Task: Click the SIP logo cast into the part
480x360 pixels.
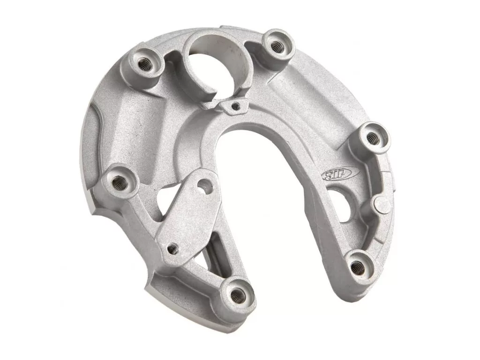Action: point(340,173)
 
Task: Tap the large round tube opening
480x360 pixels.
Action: point(218,61)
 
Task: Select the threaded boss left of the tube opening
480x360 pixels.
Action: point(146,65)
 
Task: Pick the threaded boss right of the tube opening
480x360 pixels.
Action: point(278,46)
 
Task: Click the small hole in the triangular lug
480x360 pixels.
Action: point(236,106)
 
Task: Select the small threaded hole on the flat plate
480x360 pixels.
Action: point(172,249)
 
